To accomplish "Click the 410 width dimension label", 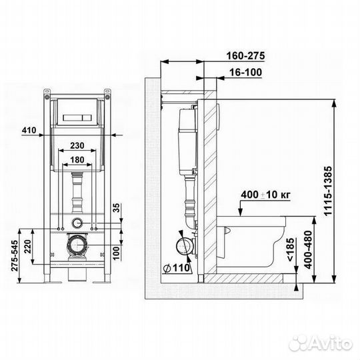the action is click(29, 130).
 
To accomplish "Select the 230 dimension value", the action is click(77, 145).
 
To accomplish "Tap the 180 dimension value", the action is click(77, 160).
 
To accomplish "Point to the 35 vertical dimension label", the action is click(117, 208).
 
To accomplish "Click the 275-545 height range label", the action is click(15, 255).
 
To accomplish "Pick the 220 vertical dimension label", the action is click(28, 247).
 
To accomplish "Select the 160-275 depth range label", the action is click(245, 56).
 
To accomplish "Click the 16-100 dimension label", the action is click(245, 72).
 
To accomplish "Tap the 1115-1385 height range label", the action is click(328, 191).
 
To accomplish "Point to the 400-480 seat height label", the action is click(309, 249).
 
